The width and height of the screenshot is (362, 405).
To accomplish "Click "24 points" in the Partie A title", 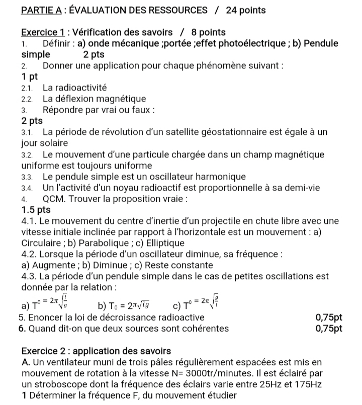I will (246, 10).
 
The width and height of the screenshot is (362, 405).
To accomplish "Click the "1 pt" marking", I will (30, 77).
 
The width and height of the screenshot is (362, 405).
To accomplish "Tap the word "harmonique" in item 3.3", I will (221, 177).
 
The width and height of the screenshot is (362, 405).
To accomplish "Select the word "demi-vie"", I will (305, 188).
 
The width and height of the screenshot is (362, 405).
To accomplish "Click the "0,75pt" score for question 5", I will (329, 317).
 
